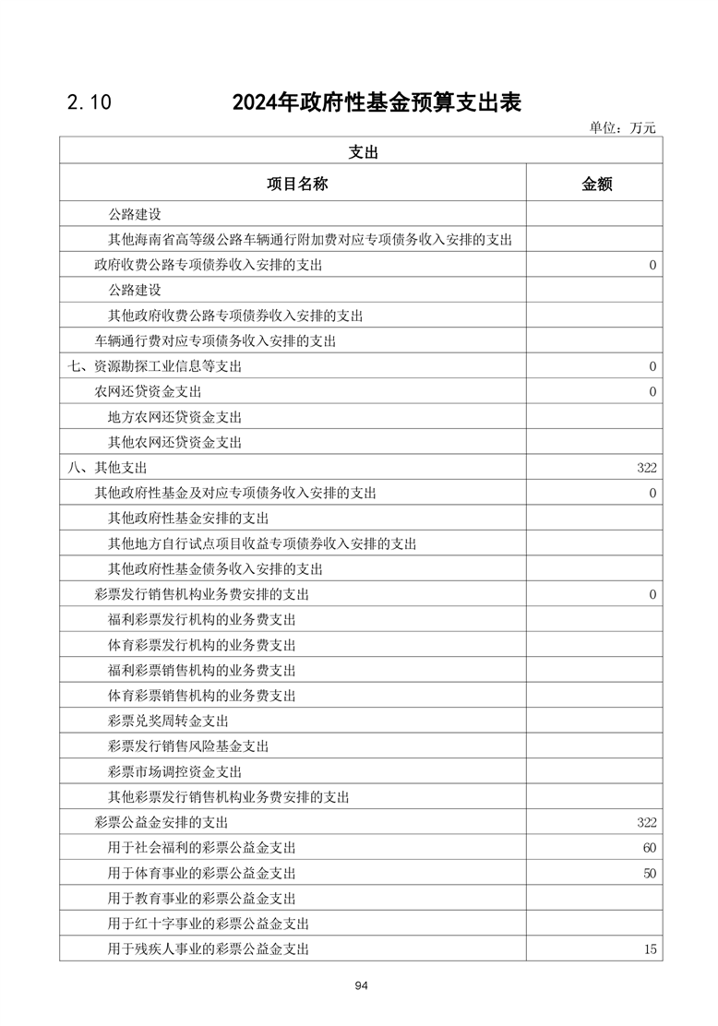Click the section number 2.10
tap(89, 103)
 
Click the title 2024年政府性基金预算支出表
tap(377, 102)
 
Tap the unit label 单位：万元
tap(622, 128)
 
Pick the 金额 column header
tap(596, 184)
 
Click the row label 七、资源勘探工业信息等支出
tap(155, 366)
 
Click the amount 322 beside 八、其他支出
tap(646, 468)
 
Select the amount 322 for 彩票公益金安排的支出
tap(646, 822)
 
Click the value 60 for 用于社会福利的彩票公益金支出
tap(650, 847)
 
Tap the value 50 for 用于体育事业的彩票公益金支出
tap(650, 873)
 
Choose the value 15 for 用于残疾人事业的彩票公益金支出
tap(650, 948)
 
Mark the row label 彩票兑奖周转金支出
tap(168, 721)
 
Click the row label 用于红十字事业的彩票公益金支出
tap(208, 924)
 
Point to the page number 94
tap(361, 986)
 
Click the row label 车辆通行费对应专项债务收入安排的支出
tap(214, 341)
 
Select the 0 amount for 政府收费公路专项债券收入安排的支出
tap(652, 266)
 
